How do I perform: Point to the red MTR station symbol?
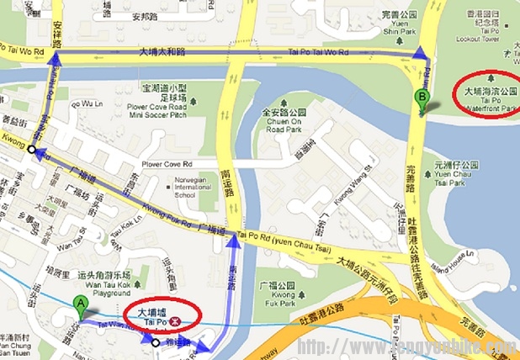[174, 321]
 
